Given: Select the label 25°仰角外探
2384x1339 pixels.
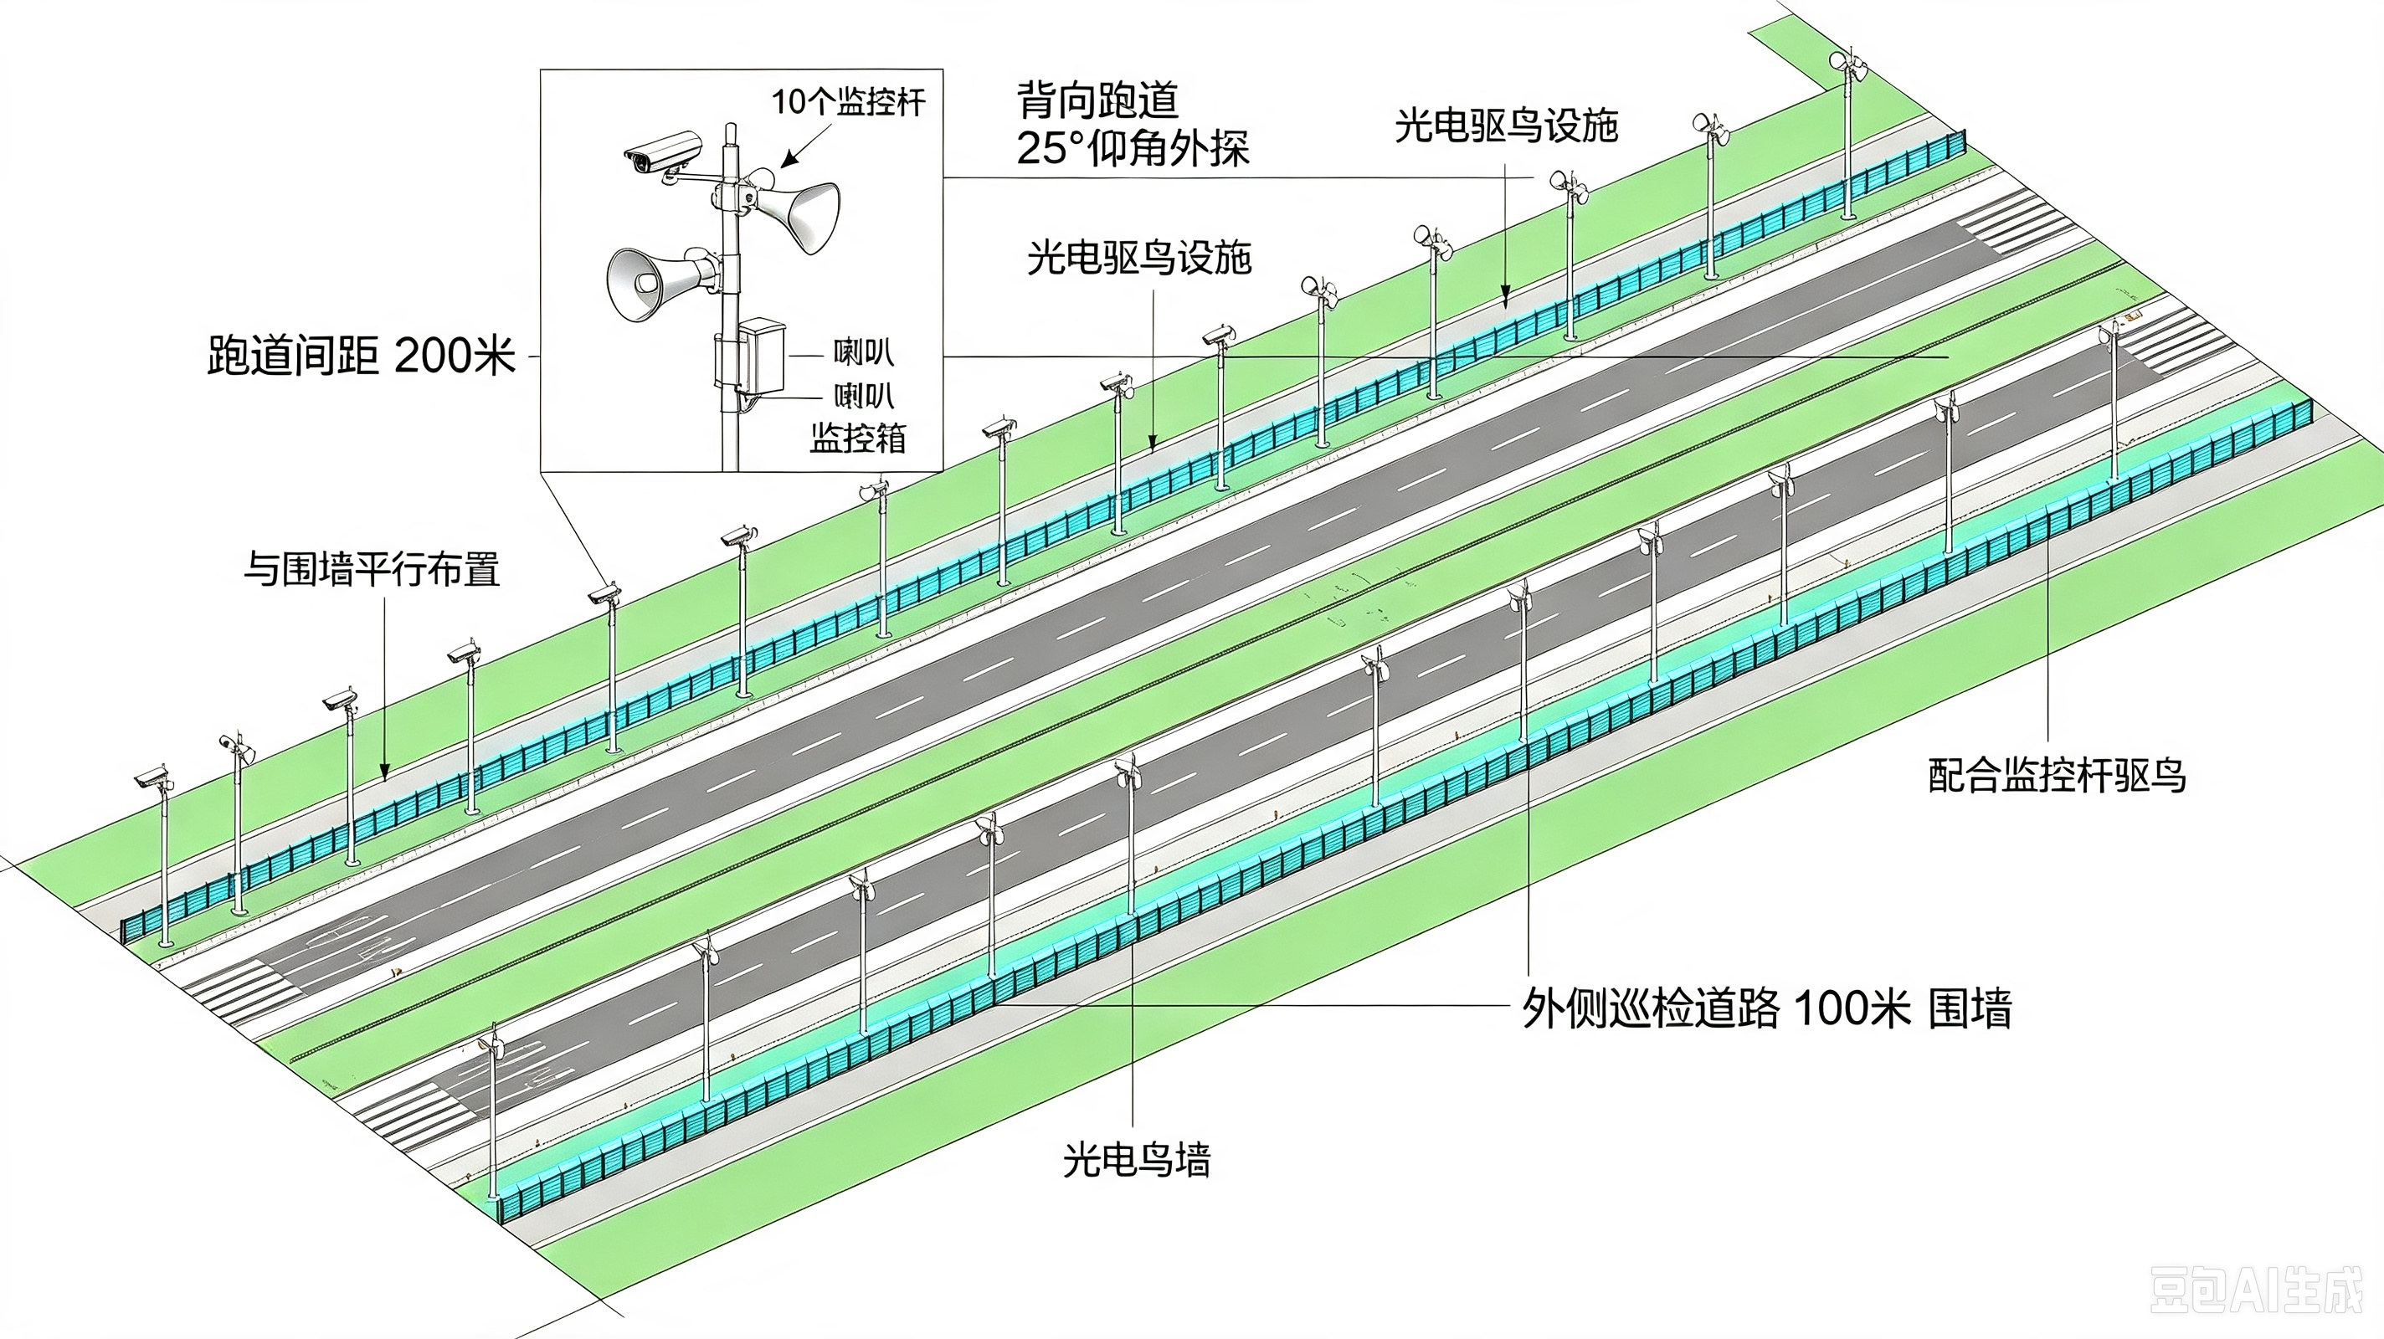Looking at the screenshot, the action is pos(1133,148).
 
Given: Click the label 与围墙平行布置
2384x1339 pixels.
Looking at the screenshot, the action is pos(372,569).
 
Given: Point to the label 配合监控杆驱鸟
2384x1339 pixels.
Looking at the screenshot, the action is pos(2058,776).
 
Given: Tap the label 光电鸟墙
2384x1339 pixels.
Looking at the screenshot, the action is pos(1137,1159).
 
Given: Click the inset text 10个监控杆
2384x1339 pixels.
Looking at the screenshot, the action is pos(849,102).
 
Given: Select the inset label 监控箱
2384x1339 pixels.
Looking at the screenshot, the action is pos(858,438).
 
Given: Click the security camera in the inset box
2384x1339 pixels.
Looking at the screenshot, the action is pos(663,155).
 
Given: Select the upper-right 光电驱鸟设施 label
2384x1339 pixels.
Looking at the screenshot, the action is pos(1507,126).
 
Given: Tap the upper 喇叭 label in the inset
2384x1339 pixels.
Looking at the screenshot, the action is pos(864,352).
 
